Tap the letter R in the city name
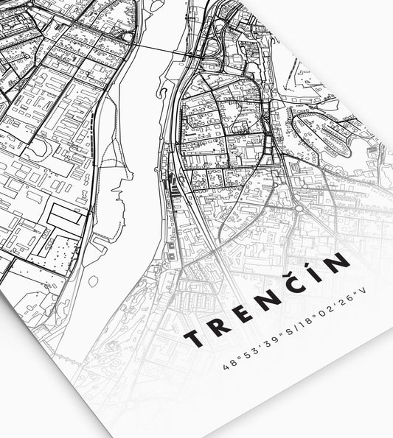pos(218,326)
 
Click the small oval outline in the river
pos(94,281)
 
